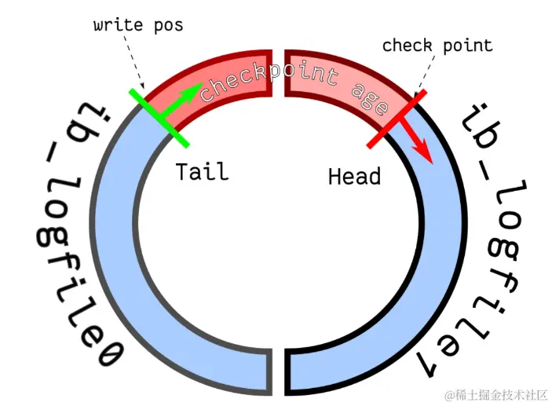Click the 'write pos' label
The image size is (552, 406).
[137, 25]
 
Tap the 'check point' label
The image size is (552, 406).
[437, 45]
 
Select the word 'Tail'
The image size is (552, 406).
[203, 171]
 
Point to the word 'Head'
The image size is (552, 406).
[354, 177]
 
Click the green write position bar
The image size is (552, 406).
[159, 118]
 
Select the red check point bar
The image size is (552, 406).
[397, 119]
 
